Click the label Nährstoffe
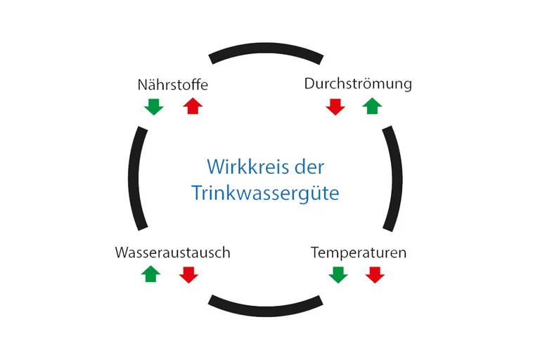pos(173,85)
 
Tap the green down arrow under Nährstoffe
pos(153,107)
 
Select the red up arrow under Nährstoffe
pos(193,106)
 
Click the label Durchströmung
pos(358,84)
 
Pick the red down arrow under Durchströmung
pos(335,107)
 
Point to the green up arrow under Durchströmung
pos(372,106)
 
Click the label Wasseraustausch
pos(172,252)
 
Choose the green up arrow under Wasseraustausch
pos(151,274)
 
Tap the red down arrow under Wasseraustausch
pos(188,275)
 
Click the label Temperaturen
pos(359,252)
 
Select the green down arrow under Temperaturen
pos(338,275)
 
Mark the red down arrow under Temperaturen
pos(375,275)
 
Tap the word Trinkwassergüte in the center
pos(266,192)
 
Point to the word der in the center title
pos(311,167)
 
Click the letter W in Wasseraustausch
pos(121,252)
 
